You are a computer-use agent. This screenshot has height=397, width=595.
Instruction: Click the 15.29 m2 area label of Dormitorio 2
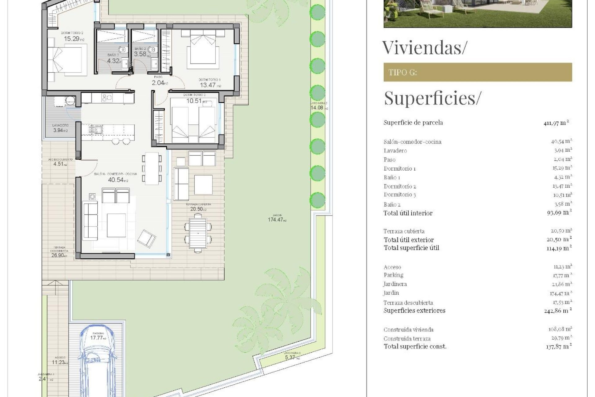pos(73,39)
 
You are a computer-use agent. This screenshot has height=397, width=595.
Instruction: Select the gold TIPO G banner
pos(477,72)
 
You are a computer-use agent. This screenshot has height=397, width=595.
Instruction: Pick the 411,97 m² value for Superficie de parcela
pos(556,123)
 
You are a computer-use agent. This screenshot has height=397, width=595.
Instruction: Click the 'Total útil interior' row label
pos(408,213)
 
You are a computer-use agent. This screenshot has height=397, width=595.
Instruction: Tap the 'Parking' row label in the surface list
pos(393,275)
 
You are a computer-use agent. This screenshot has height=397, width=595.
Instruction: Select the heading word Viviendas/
pos(424,48)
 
